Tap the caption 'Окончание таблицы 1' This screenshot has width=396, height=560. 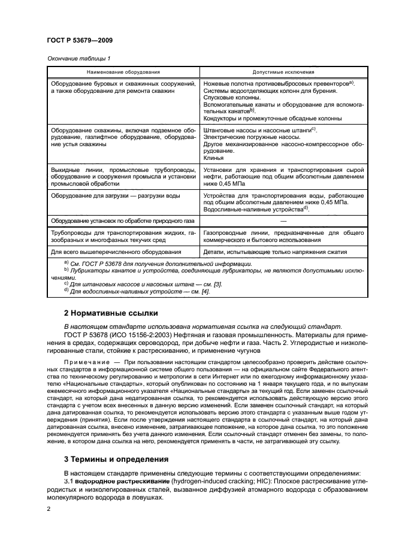pyautogui.click(x=75, y=58)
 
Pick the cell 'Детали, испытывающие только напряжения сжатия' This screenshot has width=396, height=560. pyautogui.click(x=273, y=252)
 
